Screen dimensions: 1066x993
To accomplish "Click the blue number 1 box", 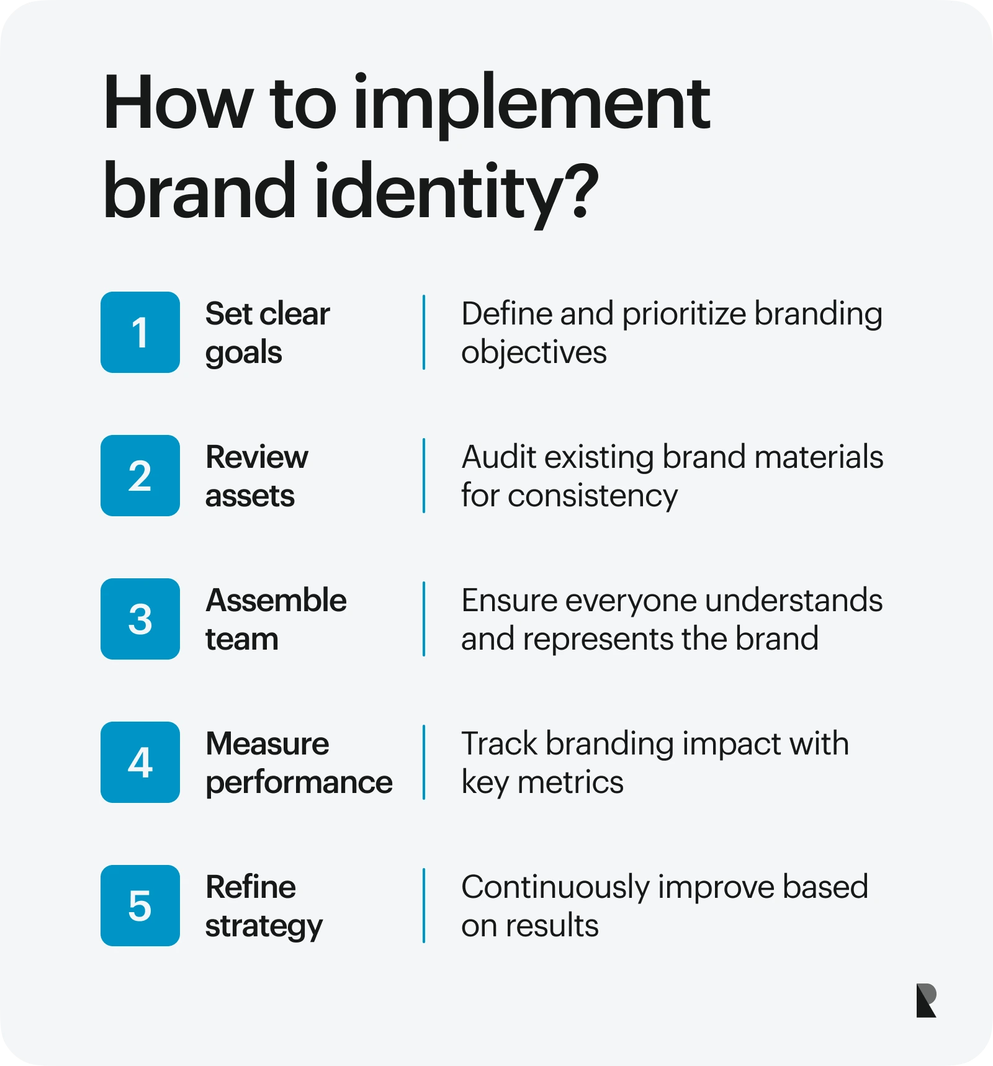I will (140, 333).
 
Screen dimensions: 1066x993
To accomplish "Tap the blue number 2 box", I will (140, 476).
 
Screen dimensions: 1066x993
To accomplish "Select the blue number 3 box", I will (140, 619).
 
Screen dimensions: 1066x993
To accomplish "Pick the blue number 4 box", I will (140, 763).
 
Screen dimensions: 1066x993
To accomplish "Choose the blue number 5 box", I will (140, 906).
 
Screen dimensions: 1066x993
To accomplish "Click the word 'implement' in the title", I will (532, 104).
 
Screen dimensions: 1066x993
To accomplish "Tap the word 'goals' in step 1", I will (243, 353).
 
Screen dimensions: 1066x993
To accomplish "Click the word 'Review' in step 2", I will (256, 457).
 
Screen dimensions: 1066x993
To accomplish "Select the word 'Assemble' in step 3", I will (276, 601).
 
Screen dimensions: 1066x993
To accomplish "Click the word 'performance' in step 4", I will (299, 783).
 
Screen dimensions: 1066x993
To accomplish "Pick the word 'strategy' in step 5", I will (264, 926).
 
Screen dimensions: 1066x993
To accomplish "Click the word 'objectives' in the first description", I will (534, 353).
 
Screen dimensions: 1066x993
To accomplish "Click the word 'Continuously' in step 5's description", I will (555, 887).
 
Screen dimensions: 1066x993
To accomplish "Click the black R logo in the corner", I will (926, 1000).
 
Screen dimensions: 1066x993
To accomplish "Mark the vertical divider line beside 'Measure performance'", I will (424, 763).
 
